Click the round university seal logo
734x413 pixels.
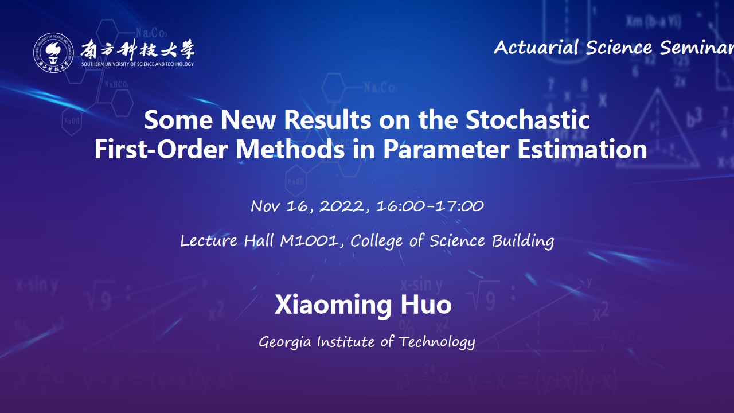(53, 52)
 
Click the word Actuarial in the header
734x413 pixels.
(536, 48)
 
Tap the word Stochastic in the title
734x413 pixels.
(528, 120)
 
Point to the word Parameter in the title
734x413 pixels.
(446, 150)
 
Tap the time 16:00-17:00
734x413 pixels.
(430, 206)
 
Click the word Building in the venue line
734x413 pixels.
(523, 241)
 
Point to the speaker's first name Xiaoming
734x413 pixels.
(333, 305)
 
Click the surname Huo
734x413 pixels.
(426, 305)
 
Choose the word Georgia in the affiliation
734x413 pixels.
(285, 342)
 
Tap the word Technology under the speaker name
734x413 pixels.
(437, 342)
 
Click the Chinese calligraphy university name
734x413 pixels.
(138, 49)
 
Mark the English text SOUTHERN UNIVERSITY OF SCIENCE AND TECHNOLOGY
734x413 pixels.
(138, 64)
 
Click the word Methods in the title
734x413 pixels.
(290, 149)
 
